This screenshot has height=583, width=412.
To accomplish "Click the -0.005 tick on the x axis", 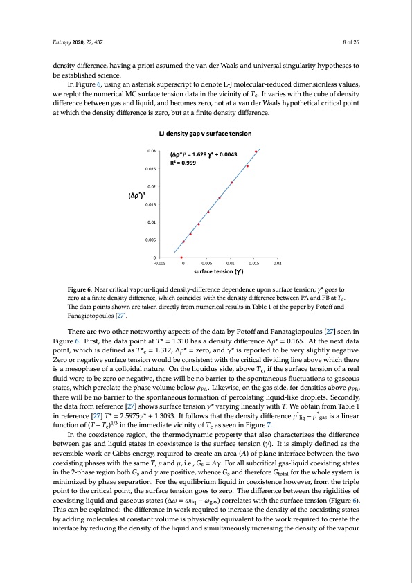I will (160, 264).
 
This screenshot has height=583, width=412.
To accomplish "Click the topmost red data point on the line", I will (256, 151).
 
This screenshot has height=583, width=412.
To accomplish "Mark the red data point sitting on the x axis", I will (181, 258).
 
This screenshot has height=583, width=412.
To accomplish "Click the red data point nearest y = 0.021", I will (231, 183).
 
